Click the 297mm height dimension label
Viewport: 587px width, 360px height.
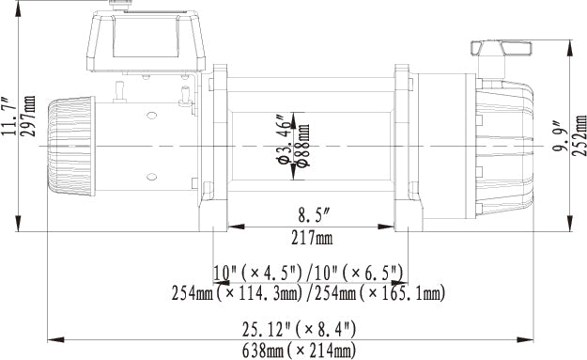click(x=29, y=117)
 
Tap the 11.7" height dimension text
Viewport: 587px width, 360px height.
click(x=9, y=117)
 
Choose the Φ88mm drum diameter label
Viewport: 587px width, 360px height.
click(x=302, y=146)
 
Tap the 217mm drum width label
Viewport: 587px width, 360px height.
click(x=312, y=238)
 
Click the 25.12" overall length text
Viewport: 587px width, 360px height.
click(x=267, y=329)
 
